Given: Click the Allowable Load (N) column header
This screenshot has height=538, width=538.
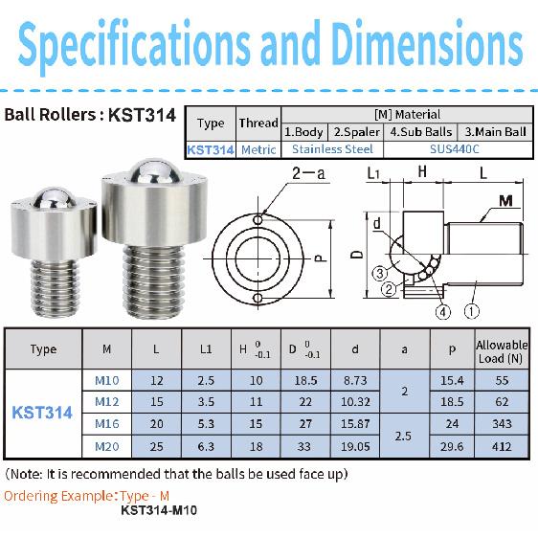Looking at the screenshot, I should [x=502, y=350].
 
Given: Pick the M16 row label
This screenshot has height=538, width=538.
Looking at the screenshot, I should [x=106, y=423].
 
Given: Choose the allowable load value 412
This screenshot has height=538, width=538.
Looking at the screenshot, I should [x=502, y=444].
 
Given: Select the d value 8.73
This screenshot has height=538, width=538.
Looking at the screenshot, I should [x=355, y=381].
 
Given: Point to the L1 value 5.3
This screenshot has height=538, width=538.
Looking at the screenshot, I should [x=206, y=423].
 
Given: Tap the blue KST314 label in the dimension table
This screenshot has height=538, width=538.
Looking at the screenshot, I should [x=42, y=413].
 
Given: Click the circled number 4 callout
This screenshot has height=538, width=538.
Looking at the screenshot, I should [x=442, y=311].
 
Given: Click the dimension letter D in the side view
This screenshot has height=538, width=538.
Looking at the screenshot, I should [x=356, y=256].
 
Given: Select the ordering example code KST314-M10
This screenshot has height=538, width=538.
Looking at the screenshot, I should [x=159, y=510].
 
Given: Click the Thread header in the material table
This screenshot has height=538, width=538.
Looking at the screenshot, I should [x=258, y=123].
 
